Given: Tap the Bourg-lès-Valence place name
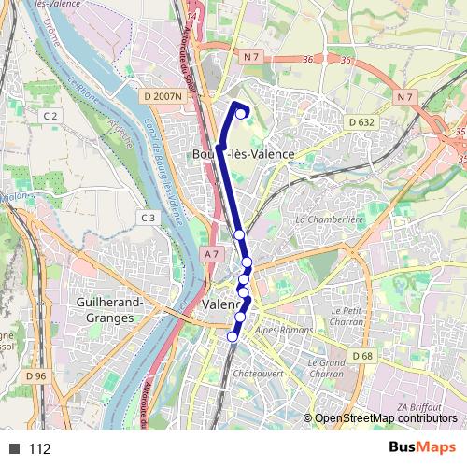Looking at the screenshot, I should point(243,154).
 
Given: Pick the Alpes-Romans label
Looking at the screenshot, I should point(284,331).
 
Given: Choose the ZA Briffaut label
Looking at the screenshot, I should point(418,407).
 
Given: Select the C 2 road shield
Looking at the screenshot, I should point(50,115).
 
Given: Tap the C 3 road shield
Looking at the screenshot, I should point(149,218).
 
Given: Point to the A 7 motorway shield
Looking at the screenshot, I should point(212,254).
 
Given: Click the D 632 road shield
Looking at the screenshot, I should point(361,121).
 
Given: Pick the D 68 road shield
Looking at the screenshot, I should point(362,355).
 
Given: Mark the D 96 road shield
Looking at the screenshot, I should point(36,375).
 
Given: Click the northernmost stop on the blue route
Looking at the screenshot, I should point(242,115).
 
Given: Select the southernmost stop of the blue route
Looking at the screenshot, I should point(233,336).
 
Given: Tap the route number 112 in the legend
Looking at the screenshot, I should point(39,449).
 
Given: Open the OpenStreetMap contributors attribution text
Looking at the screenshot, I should point(388,418).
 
